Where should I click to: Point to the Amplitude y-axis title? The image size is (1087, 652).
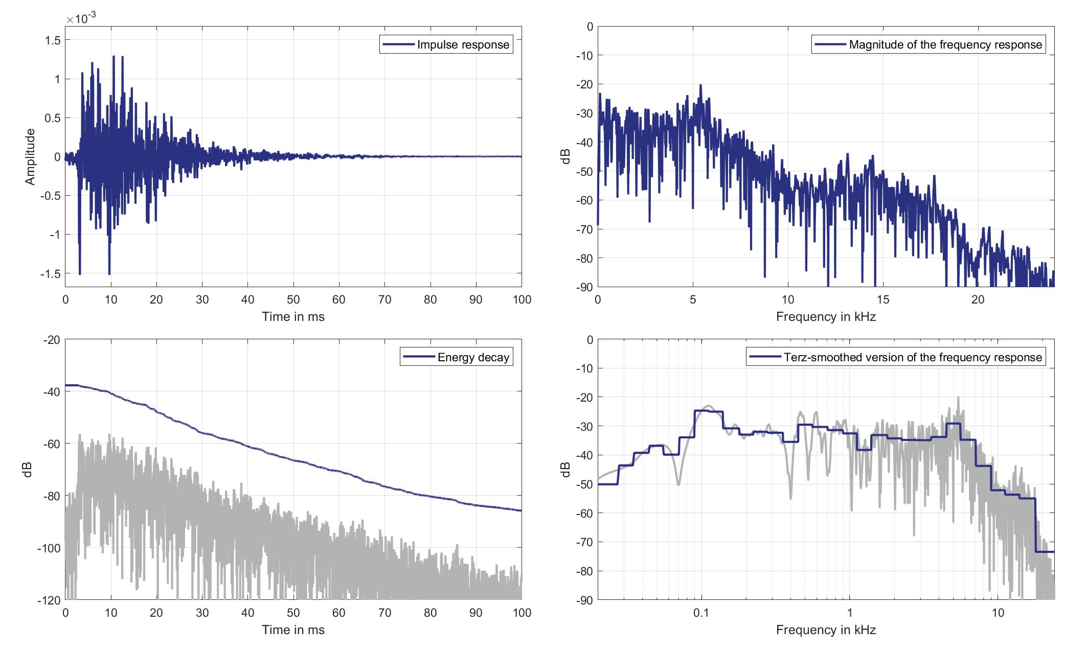(x=30, y=156)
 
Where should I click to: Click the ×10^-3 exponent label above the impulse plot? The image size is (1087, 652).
(x=81, y=19)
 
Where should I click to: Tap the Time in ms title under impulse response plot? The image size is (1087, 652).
(x=293, y=317)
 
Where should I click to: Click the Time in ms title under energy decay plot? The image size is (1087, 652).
(x=293, y=630)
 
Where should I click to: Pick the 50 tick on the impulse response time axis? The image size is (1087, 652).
(x=293, y=300)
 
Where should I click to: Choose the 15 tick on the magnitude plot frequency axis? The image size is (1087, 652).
(x=883, y=300)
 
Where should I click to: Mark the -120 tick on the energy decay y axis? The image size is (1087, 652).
(x=49, y=600)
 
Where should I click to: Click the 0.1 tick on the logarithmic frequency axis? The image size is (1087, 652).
(x=701, y=613)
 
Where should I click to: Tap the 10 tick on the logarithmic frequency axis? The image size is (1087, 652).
(x=998, y=613)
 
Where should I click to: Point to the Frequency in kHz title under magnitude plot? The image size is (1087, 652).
(x=826, y=317)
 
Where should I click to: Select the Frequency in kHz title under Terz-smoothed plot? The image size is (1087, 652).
(x=826, y=630)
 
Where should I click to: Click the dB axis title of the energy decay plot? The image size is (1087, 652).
(x=28, y=470)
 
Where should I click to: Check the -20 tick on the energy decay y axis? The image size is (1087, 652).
(x=51, y=340)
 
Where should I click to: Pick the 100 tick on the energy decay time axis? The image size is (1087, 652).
(x=522, y=613)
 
